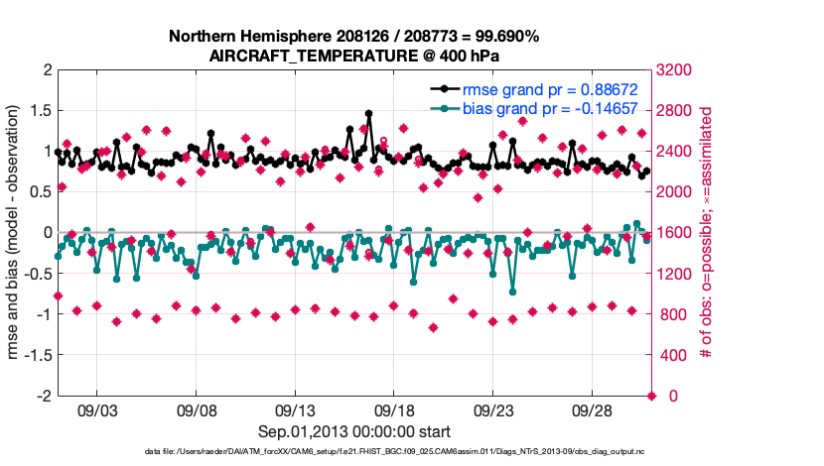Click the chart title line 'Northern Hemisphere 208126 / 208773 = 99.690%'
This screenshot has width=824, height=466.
[354, 37]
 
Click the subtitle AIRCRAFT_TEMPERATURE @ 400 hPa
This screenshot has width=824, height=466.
[354, 57]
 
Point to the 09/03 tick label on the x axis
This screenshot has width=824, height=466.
[96, 409]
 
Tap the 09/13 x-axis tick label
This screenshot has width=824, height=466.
[295, 409]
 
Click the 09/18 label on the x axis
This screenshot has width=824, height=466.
[394, 409]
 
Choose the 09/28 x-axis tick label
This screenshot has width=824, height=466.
[593, 409]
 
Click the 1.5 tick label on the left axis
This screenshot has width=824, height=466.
[39, 110]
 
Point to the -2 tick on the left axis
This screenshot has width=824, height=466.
[45, 396]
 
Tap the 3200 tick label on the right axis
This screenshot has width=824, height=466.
[677, 70]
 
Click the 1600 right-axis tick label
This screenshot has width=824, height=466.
[677, 233]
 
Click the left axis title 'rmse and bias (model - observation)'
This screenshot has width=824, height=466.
[16, 233]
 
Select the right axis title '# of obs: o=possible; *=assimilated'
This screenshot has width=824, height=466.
[709, 233]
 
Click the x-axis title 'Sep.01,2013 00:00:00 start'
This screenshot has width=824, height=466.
[354, 431]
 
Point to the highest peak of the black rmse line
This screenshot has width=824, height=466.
[368, 113]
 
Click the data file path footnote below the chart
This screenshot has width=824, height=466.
[354, 452]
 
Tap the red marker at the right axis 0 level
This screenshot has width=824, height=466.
[652, 396]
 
